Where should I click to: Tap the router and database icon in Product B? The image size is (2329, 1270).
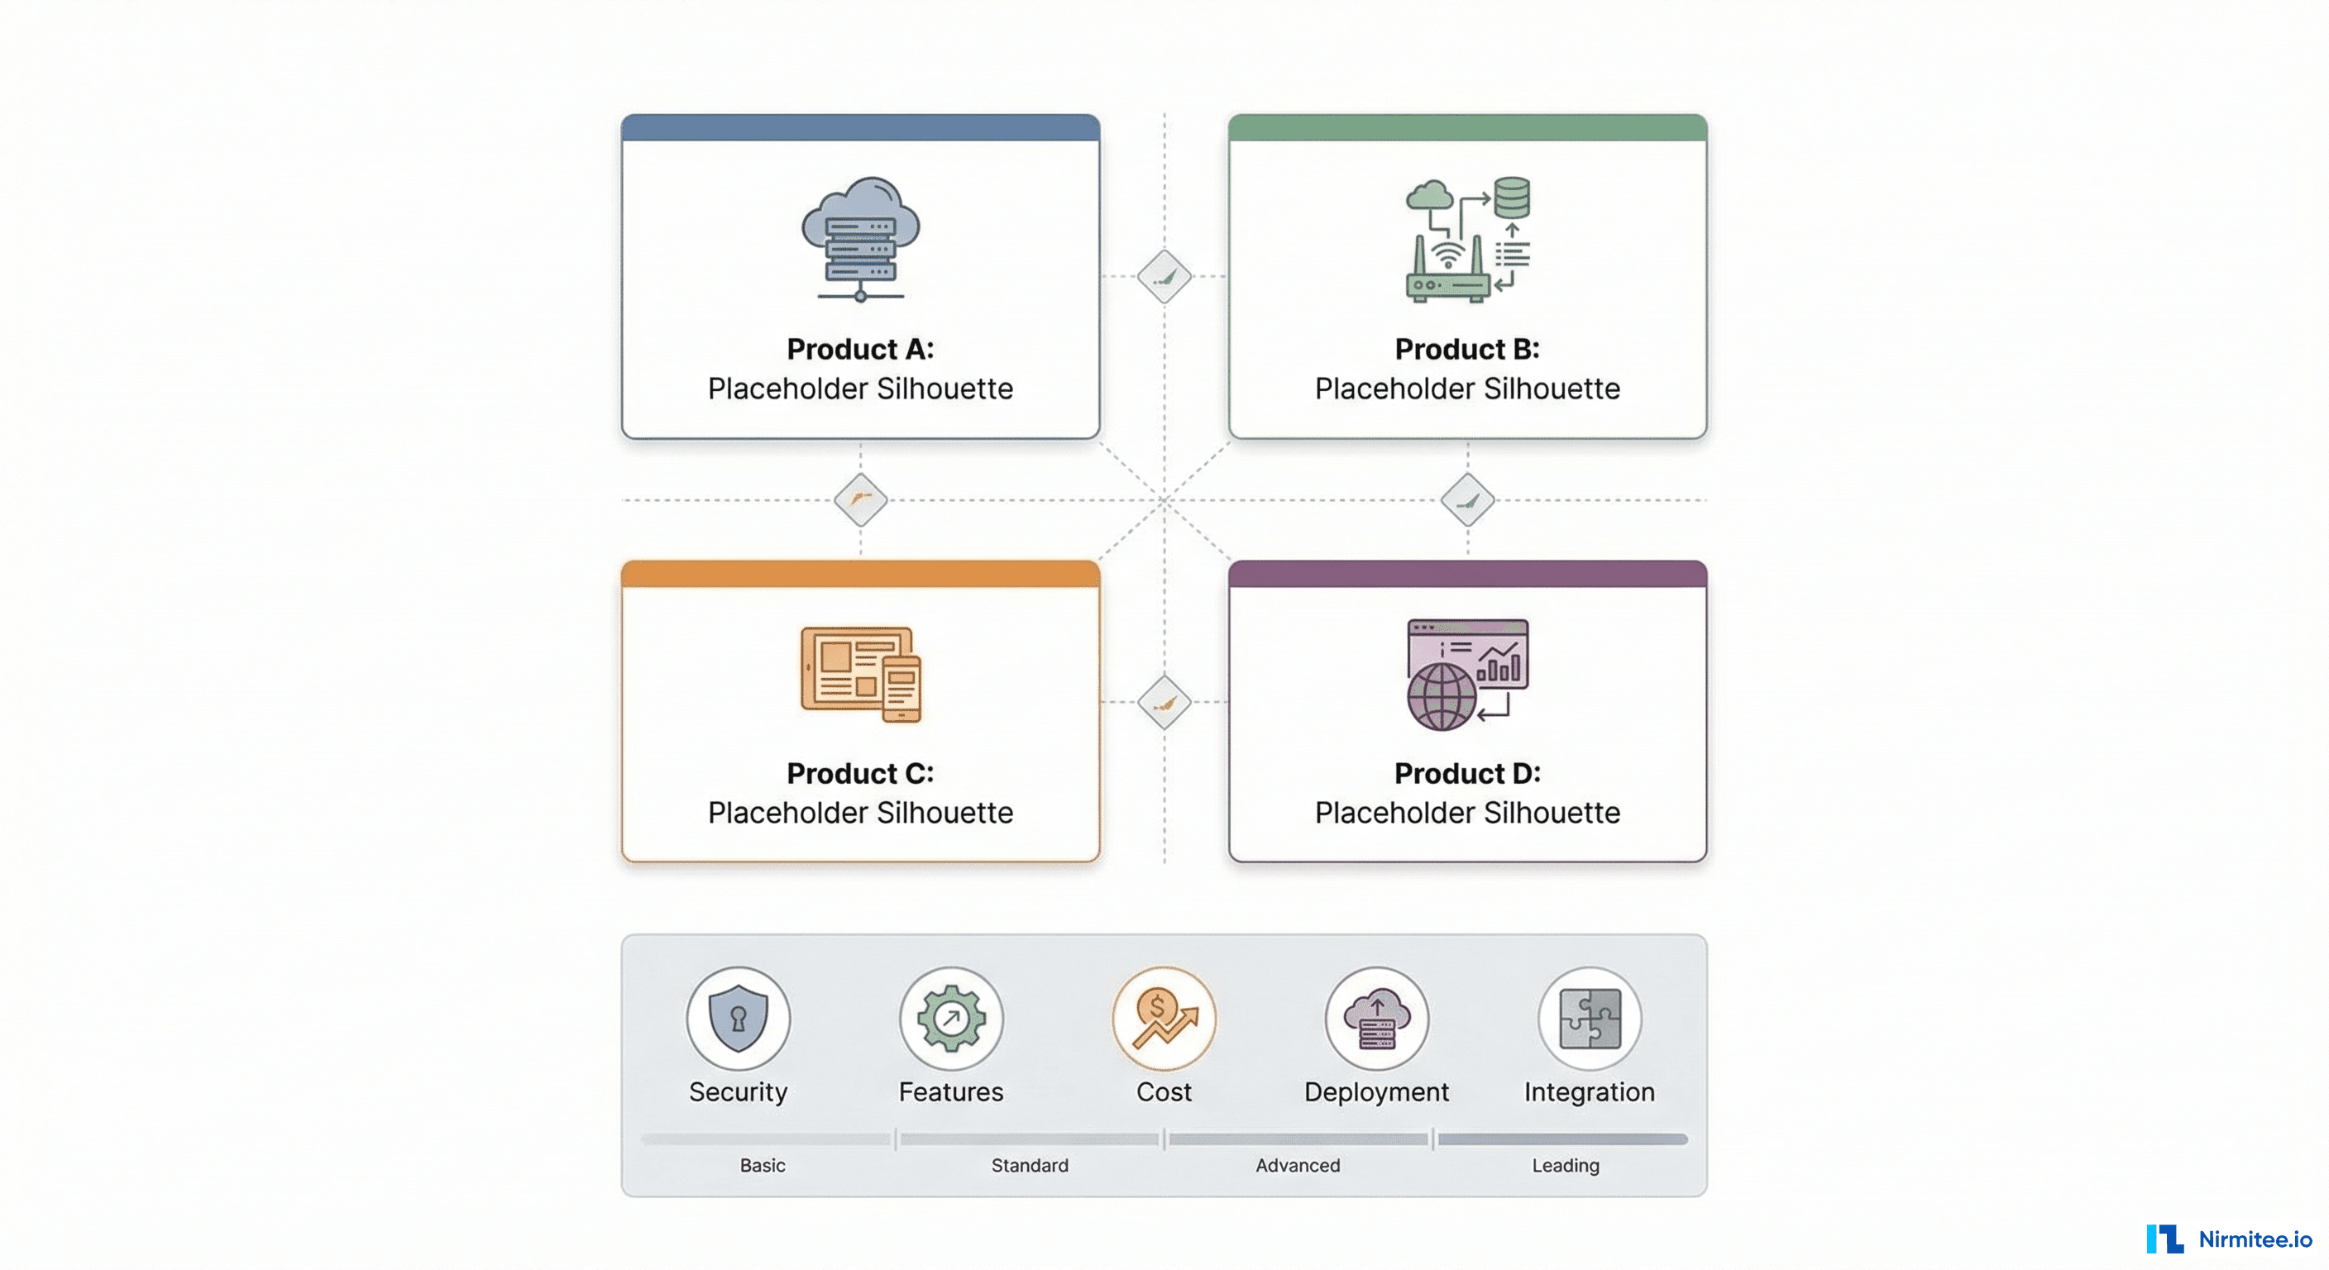click(x=1467, y=239)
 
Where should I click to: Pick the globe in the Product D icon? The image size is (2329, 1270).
click(x=1442, y=696)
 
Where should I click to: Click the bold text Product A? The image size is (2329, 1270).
click(x=860, y=349)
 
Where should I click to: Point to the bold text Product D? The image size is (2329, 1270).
click(x=1466, y=773)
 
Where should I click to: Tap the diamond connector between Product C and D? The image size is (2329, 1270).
click(x=1164, y=702)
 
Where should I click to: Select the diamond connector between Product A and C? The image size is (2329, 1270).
click(x=860, y=500)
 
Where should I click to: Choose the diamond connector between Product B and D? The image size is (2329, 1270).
click(x=1466, y=500)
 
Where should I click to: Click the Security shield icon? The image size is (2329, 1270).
click(x=738, y=1019)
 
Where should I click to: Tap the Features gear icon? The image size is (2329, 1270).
click(x=950, y=1019)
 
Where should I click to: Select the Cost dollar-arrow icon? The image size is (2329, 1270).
click(x=1164, y=1019)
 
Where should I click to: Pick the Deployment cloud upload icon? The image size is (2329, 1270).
click(x=1376, y=1019)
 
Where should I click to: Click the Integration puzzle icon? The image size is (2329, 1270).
click(x=1590, y=1019)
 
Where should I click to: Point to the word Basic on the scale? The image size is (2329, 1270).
click(x=763, y=1165)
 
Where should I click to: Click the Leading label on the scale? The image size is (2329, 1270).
click(x=1565, y=1165)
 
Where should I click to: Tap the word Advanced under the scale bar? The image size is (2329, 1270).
click(x=1298, y=1165)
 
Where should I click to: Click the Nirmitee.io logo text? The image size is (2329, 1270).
click(x=2254, y=1239)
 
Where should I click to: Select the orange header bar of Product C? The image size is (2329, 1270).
click(x=860, y=574)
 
